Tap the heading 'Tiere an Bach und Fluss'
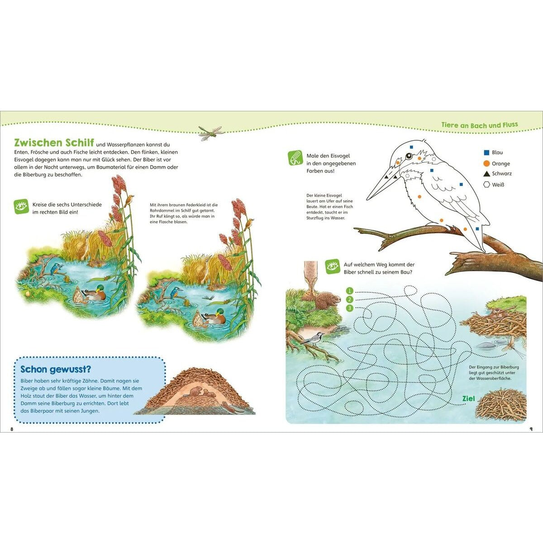click(480, 125)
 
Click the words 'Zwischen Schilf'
click(54, 143)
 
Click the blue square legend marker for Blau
click(486, 152)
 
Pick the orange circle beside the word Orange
click(486, 163)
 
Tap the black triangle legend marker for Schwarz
click(486, 174)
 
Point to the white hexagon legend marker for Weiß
click(486, 185)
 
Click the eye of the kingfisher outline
click(409, 156)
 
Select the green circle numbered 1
click(349, 291)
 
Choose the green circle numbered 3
click(349, 308)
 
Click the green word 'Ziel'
click(469, 399)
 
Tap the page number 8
click(12, 429)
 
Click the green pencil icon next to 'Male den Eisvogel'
click(295, 158)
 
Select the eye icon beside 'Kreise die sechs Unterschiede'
click(21, 206)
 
